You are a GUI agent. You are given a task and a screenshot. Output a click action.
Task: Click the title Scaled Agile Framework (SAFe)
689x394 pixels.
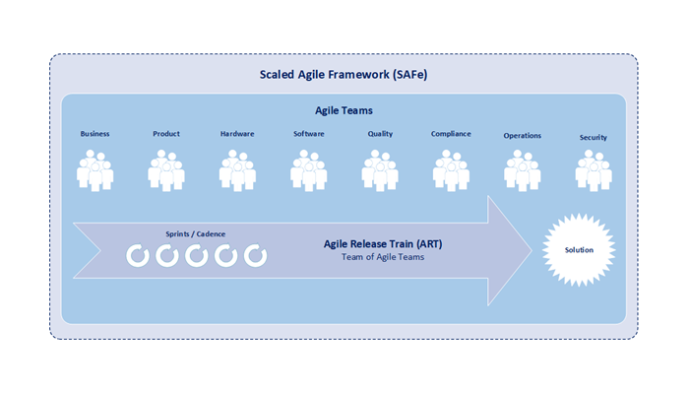click(x=344, y=75)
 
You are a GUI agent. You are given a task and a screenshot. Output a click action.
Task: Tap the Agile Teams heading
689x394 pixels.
click(x=344, y=110)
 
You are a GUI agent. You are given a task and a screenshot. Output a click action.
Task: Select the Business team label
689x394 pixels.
click(x=94, y=134)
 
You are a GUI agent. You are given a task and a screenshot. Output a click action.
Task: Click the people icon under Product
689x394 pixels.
click(x=166, y=170)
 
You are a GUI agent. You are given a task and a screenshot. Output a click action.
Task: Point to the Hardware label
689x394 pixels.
click(x=237, y=134)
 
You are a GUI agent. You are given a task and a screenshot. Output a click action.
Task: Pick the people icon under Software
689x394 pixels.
click(x=308, y=170)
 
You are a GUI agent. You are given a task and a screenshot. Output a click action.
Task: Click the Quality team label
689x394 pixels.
click(x=380, y=134)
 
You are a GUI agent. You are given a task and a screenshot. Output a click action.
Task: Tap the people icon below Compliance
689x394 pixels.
click(x=451, y=170)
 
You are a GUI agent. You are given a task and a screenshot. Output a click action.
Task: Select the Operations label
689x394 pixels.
click(x=523, y=136)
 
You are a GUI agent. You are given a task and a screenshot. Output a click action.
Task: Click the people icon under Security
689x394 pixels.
click(x=594, y=170)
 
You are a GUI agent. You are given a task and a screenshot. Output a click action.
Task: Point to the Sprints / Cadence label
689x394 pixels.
click(x=196, y=234)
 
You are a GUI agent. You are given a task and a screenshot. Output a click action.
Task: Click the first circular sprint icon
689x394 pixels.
click(x=138, y=256)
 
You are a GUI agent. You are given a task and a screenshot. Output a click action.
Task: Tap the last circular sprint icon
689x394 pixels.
click(x=255, y=256)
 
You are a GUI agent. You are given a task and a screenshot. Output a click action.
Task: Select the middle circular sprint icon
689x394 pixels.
click(x=197, y=256)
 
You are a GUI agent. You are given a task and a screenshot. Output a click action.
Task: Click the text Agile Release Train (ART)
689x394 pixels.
click(x=383, y=244)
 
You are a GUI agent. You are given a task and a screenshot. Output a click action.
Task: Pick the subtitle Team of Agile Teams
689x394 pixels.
click(x=383, y=257)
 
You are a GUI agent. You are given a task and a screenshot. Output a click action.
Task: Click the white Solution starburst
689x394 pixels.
click(x=579, y=250)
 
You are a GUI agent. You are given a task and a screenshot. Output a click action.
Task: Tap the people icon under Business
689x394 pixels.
click(x=94, y=170)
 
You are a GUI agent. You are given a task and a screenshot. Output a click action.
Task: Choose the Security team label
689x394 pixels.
click(x=594, y=138)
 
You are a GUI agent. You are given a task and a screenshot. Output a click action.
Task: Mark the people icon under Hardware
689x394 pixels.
click(x=237, y=170)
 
